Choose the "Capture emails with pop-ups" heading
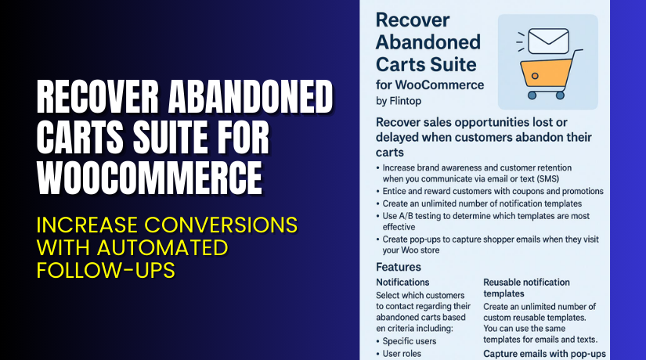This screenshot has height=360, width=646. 544,353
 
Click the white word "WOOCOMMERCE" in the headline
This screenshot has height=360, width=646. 150,179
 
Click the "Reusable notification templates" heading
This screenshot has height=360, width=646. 526,287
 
